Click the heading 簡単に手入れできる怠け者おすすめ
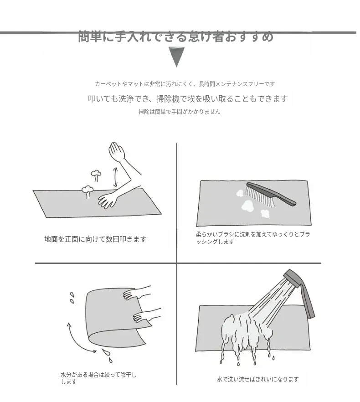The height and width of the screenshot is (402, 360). (x=176, y=36)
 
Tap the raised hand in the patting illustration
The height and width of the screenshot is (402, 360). (x=117, y=152)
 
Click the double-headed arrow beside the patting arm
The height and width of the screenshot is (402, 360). (x=115, y=177)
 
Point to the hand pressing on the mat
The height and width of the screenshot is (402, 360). (x=108, y=200)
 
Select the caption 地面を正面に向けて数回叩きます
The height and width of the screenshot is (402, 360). (x=95, y=239)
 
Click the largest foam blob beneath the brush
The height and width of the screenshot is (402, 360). (x=248, y=206)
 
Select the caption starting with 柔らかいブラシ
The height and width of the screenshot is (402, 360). (x=253, y=238)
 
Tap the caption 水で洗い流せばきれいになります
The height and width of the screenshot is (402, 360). (x=257, y=379)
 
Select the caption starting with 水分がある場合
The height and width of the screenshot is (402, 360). (x=98, y=378)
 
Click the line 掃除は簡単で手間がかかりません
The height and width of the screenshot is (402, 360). (x=180, y=112)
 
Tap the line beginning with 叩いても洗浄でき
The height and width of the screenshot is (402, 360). (x=188, y=99)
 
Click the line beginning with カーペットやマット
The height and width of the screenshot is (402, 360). (x=185, y=84)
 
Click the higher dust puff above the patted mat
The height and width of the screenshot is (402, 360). (x=96, y=175)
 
